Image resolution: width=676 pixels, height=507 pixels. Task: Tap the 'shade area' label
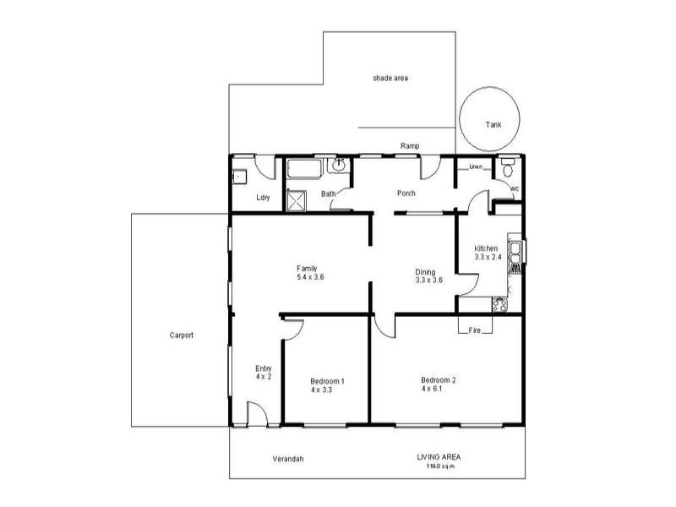[x=390, y=78]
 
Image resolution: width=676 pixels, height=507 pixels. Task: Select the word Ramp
[x=410, y=146]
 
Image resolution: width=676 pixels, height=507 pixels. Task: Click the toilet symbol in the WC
[x=508, y=165]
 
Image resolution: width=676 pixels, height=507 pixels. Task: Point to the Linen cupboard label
[x=476, y=167]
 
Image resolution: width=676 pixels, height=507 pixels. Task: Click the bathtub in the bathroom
[x=303, y=169]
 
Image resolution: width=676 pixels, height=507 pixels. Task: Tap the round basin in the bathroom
[x=340, y=165]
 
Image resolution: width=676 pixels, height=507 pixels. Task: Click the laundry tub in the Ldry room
[x=239, y=177]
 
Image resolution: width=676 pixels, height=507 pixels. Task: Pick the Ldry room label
[x=263, y=198]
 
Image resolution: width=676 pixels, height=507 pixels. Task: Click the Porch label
[x=406, y=194]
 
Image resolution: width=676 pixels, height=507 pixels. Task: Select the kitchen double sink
[x=513, y=253]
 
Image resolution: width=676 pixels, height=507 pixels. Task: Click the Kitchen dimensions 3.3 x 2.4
[x=488, y=256]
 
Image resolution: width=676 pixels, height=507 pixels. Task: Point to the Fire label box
[x=475, y=330]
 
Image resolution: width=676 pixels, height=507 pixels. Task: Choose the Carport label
[x=181, y=335]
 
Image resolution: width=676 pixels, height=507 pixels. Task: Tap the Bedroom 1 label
[x=327, y=381]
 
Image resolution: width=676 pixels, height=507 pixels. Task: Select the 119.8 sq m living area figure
[x=438, y=466]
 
